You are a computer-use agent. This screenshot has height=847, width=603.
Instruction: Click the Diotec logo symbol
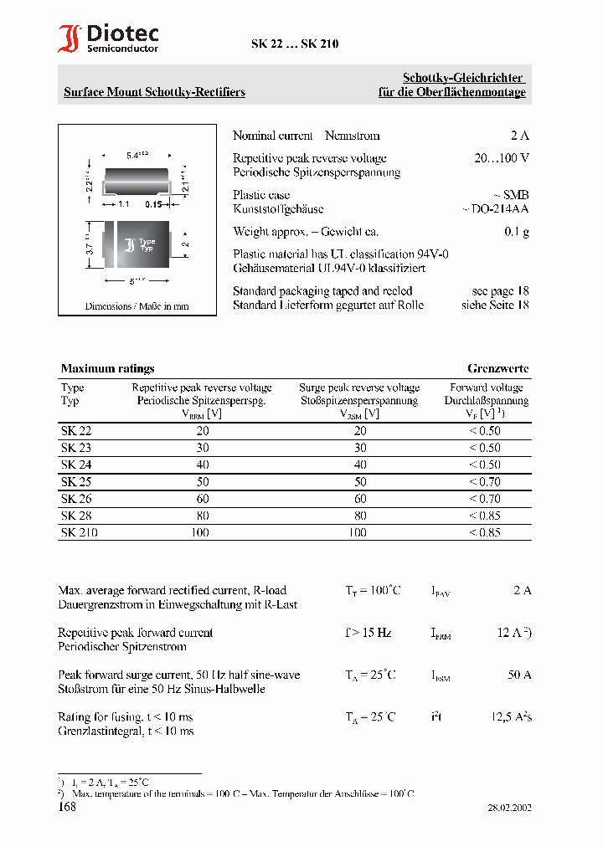click(70, 39)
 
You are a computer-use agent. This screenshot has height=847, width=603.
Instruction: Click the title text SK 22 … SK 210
click(295, 44)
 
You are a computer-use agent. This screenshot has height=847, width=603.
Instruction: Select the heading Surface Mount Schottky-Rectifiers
click(154, 92)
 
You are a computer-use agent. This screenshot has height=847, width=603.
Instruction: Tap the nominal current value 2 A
click(520, 136)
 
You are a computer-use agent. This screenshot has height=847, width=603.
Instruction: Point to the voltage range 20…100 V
click(501, 158)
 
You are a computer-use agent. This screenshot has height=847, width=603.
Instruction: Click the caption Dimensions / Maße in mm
click(137, 306)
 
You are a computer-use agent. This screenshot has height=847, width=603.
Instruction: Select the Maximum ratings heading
click(107, 368)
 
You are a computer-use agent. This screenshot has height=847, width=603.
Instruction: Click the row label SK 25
click(76, 482)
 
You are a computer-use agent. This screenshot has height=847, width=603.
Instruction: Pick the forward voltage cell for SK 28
click(485, 516)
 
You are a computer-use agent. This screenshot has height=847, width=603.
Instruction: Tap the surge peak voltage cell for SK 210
click(358, 532)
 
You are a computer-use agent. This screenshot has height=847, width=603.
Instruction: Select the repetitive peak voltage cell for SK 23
click(202, 448)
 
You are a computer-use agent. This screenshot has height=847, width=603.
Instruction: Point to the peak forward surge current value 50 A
click(519, 675)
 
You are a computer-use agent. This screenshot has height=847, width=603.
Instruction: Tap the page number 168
click(67, 807)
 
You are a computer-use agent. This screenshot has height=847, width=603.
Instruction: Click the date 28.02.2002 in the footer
click(508, 808)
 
